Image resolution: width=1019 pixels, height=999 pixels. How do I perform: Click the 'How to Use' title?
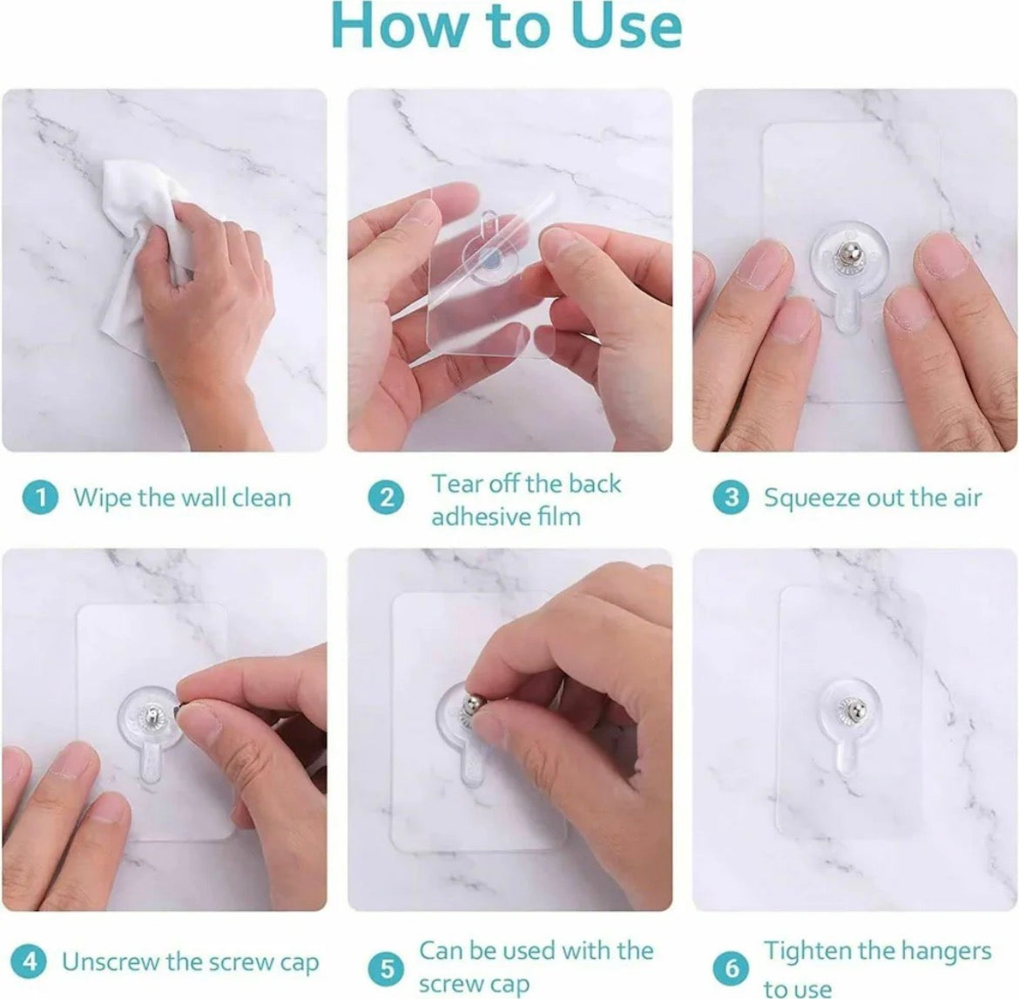click(508, 28)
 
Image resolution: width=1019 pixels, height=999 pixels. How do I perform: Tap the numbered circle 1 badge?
click(39, 498)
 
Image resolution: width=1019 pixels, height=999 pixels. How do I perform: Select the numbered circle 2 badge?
click(387, 498)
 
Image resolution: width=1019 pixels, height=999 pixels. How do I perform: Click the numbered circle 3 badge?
click(732, 498)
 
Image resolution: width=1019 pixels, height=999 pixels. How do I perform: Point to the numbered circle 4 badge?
click(30, 962)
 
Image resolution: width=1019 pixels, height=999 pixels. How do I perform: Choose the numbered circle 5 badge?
click(387, 967)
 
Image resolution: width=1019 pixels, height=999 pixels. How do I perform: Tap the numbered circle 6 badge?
click(732, 967)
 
